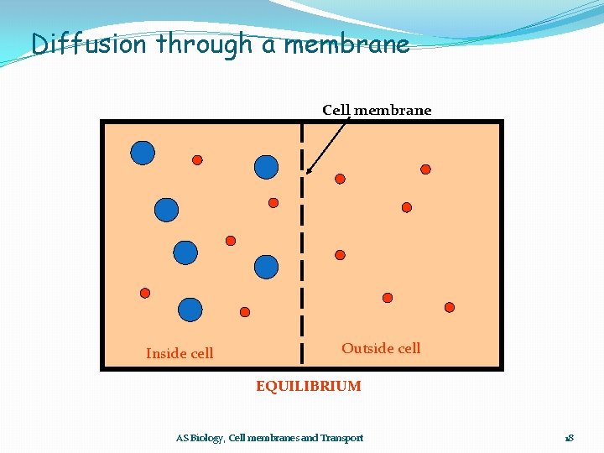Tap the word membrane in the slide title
(x=346, y=44)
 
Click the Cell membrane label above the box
(x=377, y=110)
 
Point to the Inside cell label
(x=180, y=353)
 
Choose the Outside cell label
(x=381, y=348)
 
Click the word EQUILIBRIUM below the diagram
(x=309, y=386)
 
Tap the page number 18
(x=569, y=438)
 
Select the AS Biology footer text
(x=269, y=438)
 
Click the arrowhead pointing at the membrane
(x=309, y=171)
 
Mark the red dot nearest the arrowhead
(x=340, y=179)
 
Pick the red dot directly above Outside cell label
(x=387, y=297)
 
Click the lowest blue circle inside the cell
(x=190, y=310)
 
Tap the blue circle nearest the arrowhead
(x=266, y=167)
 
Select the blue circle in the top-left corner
(x=143, y=152)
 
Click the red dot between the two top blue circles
(x=197, y=159)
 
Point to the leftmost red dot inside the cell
(x=145, y=293)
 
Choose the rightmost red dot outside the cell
(x=449, y=307)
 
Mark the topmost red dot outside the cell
(x=425, y=169)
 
